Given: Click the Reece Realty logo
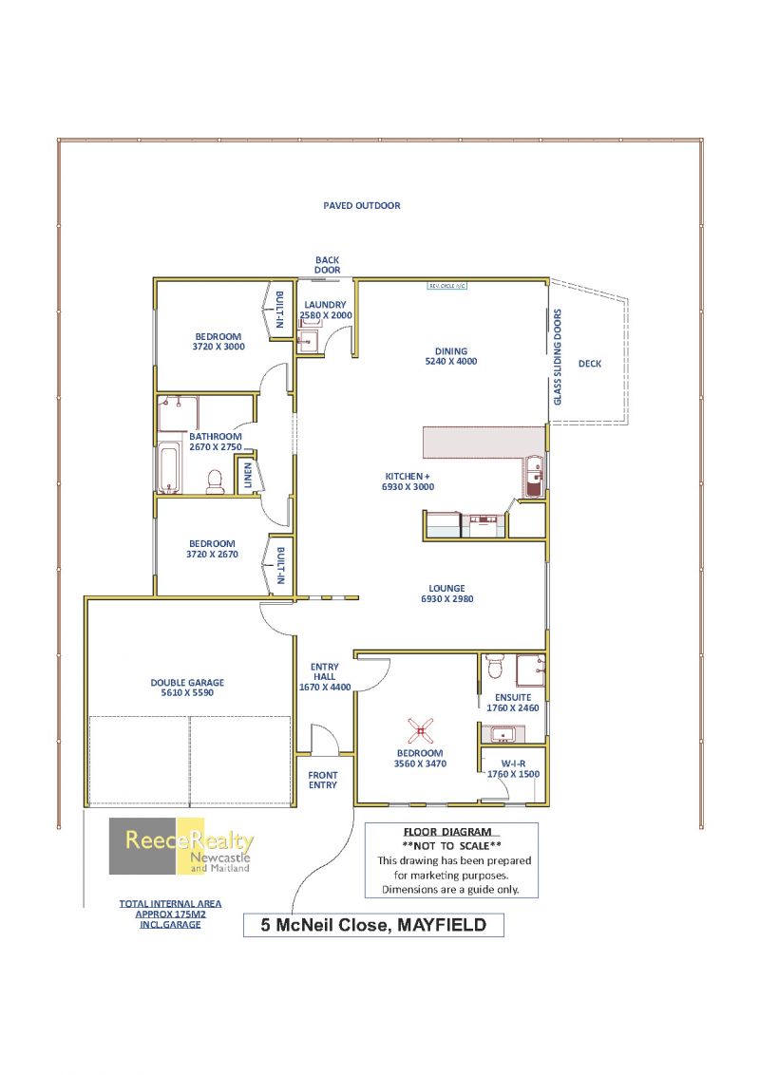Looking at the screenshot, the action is click(181, 846).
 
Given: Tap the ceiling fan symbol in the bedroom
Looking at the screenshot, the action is click(420, 731).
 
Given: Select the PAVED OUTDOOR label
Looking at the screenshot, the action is click(362, 206).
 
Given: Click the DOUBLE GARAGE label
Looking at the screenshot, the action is click(187, 683).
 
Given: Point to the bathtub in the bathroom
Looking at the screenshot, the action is click(169, 468).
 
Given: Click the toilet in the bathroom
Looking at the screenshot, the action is click(215, 481).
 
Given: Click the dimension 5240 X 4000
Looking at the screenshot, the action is click(450, 361).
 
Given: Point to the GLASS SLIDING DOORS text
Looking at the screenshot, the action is click(557, 356).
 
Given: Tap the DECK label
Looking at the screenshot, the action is click(589, 364).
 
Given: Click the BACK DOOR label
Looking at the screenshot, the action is click(327, 265).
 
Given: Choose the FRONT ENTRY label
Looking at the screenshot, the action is click(322, 781).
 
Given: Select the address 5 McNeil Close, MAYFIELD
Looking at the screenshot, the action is click(373, 925).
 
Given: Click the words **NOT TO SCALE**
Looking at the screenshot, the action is click(451, 846).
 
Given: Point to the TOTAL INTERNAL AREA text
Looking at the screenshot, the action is click(170, 904).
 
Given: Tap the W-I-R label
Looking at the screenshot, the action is click(513, 764).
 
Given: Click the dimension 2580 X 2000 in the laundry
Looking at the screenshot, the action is click(326, 315).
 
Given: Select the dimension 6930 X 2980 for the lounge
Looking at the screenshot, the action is click(447, 598).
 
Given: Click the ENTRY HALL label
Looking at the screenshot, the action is click(325, 671).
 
